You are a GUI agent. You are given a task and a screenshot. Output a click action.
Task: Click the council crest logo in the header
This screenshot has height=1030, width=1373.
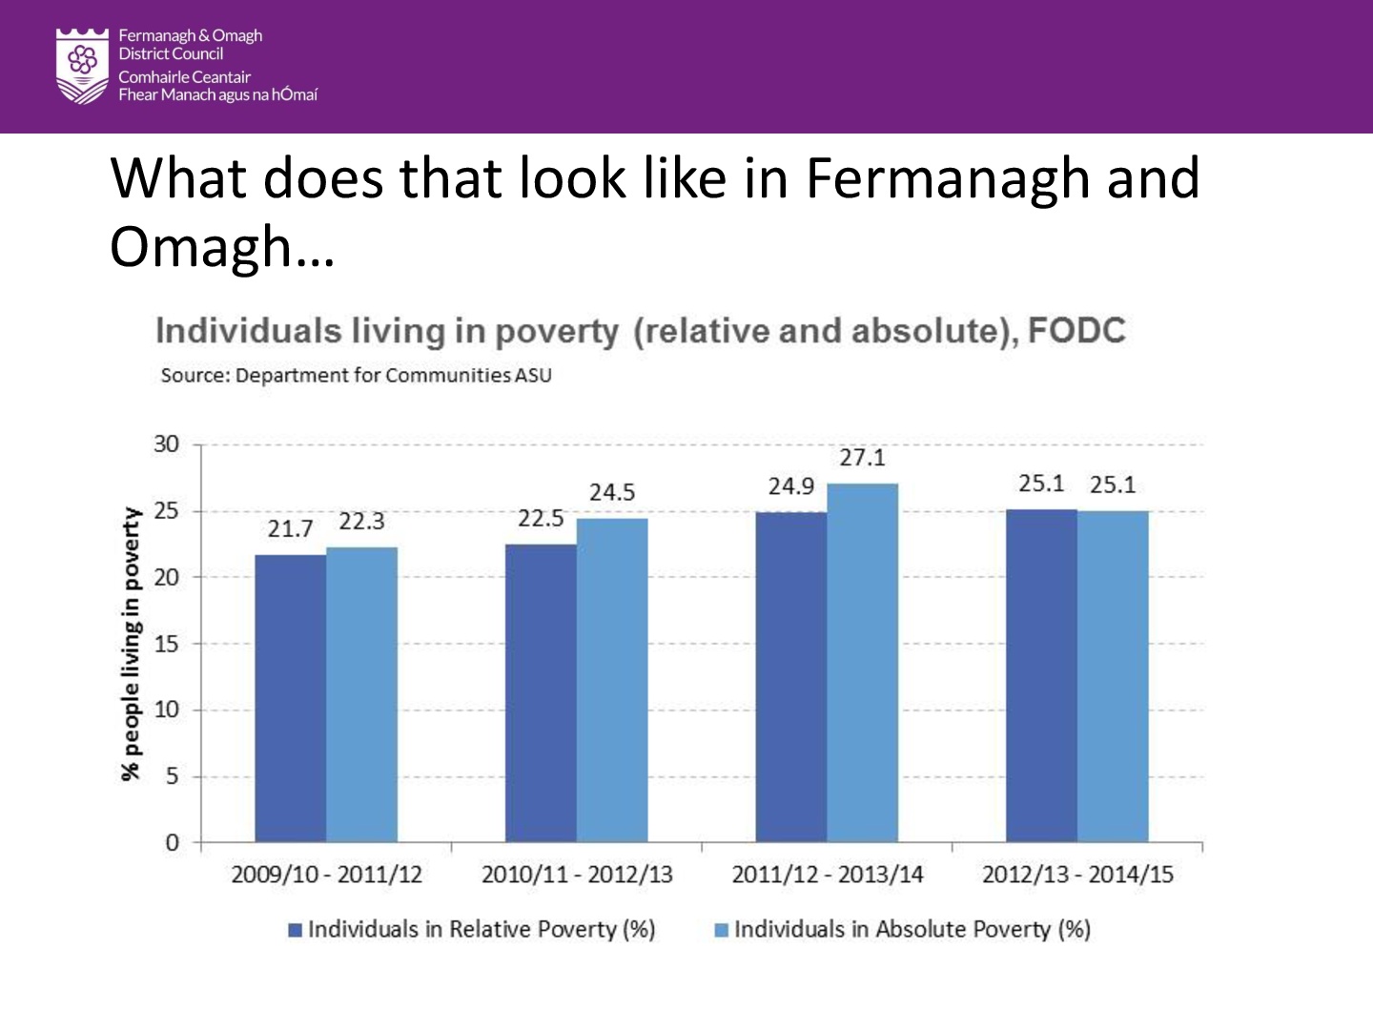coord(83,65)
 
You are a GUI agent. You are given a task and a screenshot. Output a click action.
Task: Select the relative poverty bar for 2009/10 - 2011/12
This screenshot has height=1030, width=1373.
coord(290,697)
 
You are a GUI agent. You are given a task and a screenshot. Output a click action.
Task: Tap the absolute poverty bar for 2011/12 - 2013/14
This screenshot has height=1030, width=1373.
coord(862,662)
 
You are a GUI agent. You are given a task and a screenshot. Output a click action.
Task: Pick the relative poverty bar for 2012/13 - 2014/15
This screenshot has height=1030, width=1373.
coord(1041,675)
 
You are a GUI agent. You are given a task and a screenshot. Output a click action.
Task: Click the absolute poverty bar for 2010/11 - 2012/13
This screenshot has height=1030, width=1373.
coord(612,679)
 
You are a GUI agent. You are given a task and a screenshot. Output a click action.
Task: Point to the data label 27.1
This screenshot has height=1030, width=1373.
coord(862,458)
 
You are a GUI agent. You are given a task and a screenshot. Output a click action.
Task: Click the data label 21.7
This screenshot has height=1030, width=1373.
coord(290,528)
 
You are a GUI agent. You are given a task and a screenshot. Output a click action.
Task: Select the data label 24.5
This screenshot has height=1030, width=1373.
coord(612,492)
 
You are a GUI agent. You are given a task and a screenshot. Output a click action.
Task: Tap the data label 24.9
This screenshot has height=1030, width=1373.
coord(790,486)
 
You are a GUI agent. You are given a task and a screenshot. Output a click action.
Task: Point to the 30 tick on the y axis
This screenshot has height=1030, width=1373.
coord(166,444)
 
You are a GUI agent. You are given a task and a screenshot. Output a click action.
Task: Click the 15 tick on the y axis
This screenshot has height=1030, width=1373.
coord(166,644)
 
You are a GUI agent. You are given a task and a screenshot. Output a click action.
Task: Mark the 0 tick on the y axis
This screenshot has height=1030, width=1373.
coord(172,842)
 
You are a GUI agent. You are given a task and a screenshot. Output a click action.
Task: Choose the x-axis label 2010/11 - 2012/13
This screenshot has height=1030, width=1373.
coord(577,875)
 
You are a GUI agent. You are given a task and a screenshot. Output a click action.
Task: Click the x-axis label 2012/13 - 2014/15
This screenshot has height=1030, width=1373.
coord(1077,875)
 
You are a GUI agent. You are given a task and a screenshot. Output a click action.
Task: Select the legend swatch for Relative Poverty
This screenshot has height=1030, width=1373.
coord(296,930)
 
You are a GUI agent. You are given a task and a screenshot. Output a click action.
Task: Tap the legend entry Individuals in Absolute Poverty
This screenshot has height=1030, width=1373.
coord(912,930)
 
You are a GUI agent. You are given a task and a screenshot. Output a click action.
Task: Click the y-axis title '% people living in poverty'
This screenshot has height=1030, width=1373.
coord(131,644)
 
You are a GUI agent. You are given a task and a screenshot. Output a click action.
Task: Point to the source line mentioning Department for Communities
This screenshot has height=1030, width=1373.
coord(356,375)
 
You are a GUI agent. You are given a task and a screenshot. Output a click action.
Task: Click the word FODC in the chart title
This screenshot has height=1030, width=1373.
coord(1076,331)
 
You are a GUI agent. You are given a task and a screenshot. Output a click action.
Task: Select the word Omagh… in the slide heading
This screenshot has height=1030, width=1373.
coord(221,247)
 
